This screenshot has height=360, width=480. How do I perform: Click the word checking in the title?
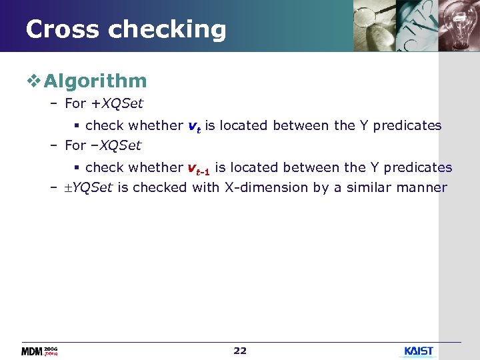click(167, 30)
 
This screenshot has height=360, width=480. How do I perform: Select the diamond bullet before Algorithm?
click(34, 81)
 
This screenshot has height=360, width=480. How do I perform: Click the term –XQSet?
click(115, 145)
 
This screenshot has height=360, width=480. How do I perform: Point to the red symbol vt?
click(194, 126)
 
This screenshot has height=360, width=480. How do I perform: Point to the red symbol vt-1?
click(199, 169)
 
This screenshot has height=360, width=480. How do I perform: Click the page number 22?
click(240, 351)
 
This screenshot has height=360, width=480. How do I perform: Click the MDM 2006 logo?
click(39, 351)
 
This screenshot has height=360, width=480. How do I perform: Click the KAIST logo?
click(419, 351)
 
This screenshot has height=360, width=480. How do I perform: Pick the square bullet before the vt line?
click(77, 125)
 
